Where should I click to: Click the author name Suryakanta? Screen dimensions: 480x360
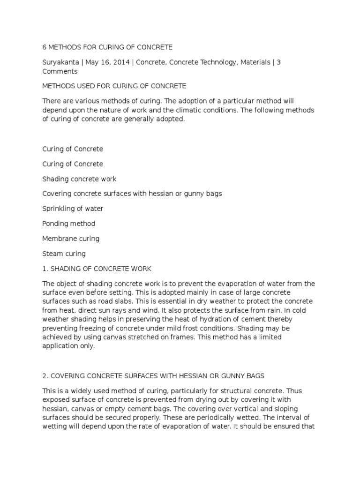point(60,62)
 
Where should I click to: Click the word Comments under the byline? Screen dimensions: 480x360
point(60,72)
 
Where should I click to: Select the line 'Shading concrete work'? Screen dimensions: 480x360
point(79,179)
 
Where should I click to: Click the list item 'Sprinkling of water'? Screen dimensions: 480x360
point(73,209)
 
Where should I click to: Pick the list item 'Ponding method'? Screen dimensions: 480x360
point(68,224)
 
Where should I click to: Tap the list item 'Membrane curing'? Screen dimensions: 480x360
point(71,239)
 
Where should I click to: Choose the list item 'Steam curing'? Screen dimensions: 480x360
point(64,254)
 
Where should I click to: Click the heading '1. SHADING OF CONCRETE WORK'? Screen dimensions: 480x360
point(97,269)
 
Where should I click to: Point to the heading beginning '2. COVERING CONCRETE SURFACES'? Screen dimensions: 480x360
point(153,375)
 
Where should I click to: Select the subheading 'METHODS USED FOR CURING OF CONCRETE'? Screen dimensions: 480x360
point(114,86)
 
